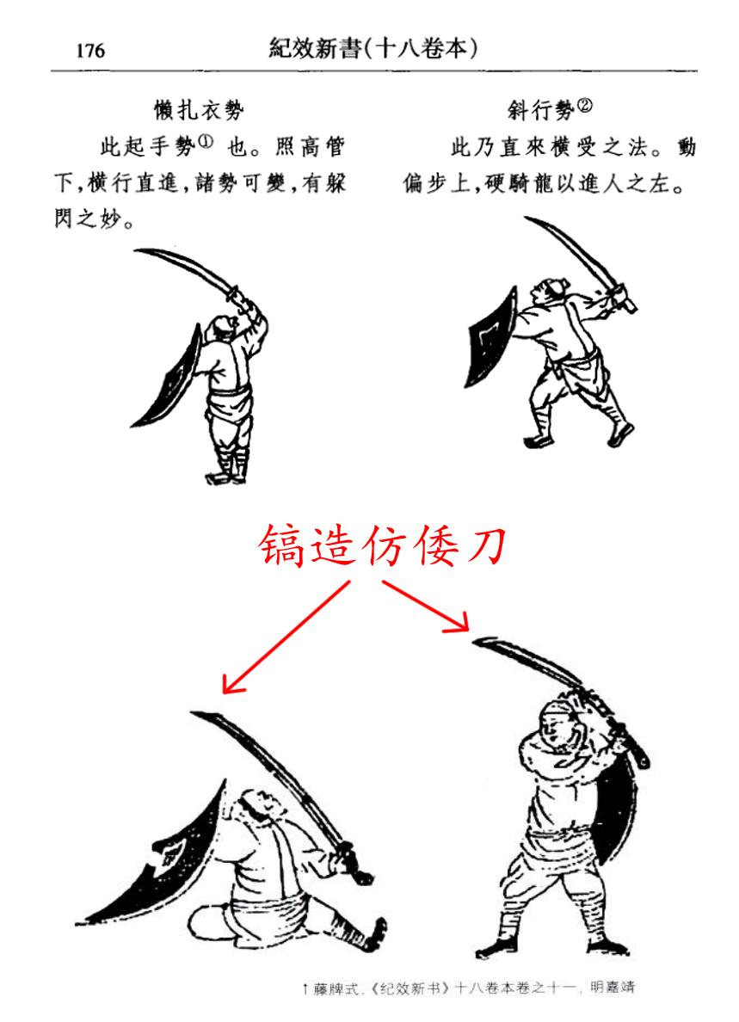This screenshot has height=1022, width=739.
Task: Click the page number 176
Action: coord(90,50)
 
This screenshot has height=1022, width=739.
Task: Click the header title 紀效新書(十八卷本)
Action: coord(373,48)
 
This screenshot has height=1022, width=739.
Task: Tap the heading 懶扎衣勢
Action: coord(199,109)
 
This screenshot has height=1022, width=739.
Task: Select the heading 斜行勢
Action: coord(540,110)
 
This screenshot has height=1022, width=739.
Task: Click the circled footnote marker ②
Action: coord(584,106)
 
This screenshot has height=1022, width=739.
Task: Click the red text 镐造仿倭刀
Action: coord(383,546)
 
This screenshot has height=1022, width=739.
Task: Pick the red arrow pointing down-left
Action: coord(286,637)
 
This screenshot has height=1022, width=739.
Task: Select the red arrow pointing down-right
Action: coord(426,606)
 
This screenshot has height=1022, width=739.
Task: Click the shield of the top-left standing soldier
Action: coord(170,375)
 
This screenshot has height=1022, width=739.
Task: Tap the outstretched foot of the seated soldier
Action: coord(376,933)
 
